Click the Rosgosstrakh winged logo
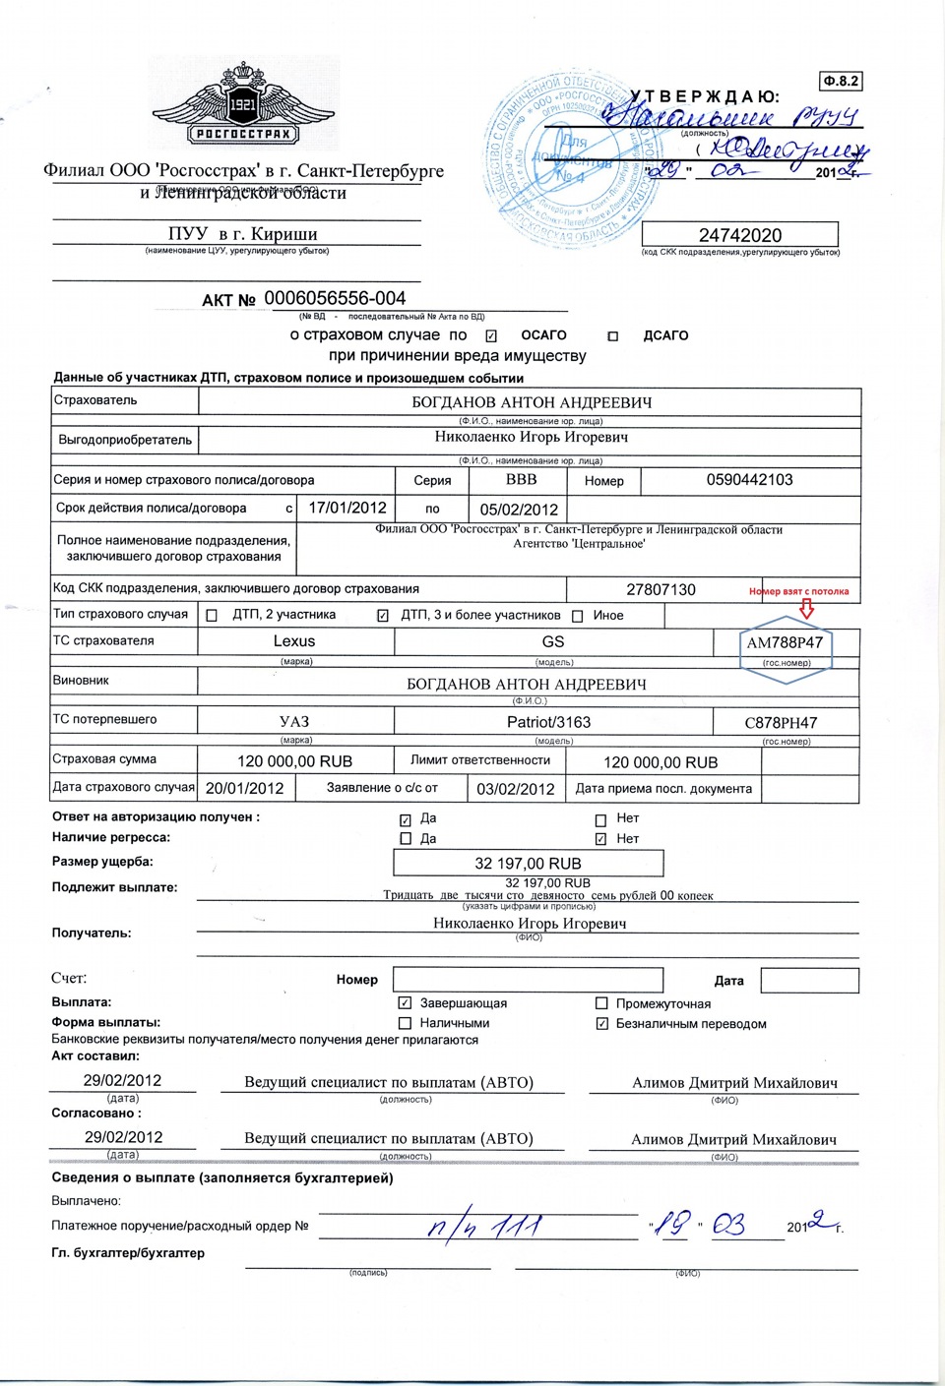243,107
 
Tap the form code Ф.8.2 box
841,81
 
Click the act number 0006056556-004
335,298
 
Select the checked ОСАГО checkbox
491,336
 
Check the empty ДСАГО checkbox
612,336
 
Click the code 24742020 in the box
740,235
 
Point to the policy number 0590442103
749,480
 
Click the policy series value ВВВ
521,480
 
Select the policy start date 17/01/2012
347,508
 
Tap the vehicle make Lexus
294,641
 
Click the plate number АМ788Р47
785,642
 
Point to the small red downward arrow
807,609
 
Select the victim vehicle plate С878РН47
781,723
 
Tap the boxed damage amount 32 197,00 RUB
528,864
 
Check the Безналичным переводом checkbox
601,1024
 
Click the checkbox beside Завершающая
405,1003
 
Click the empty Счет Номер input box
528,980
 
